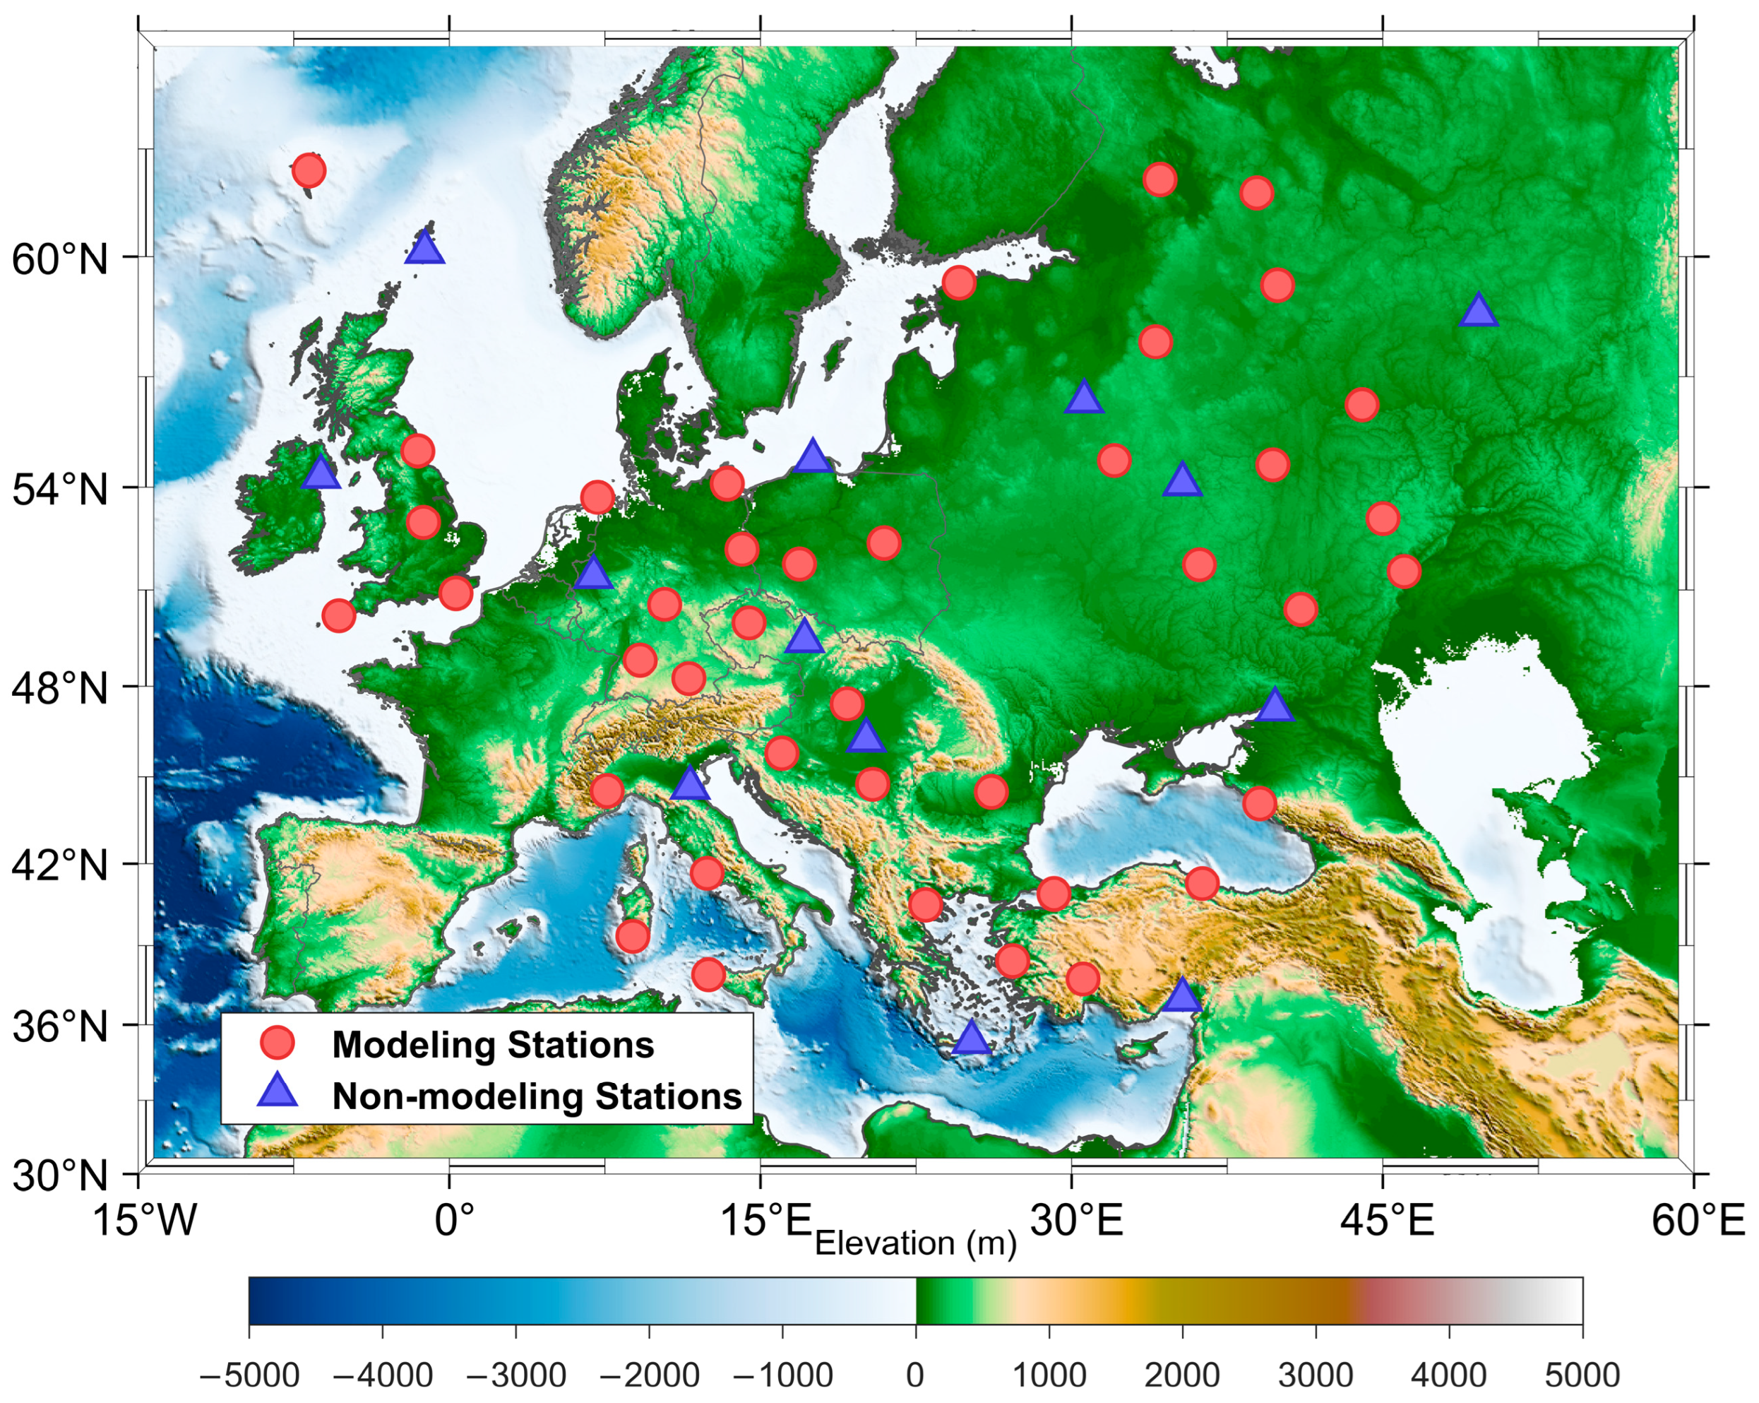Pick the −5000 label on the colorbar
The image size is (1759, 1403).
click(249, 1376)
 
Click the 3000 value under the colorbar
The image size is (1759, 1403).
click(1315, 1376)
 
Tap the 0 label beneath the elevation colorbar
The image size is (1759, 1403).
click(915, 1376)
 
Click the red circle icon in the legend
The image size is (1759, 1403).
click(278, 1043)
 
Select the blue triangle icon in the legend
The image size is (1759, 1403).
click(278, 1092)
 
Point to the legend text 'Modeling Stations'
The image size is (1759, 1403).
click(493, 1045)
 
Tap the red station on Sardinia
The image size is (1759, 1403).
click(632, 936)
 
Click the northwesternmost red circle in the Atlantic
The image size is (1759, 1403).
click(309, 170)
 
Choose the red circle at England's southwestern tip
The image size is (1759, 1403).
click(338, 615)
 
